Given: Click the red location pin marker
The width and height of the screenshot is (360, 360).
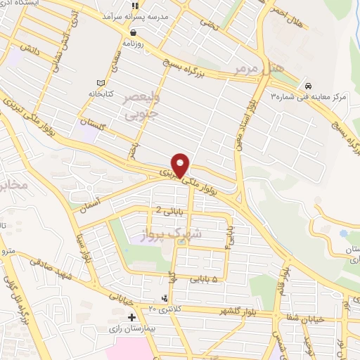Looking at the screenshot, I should [x=181, y=165].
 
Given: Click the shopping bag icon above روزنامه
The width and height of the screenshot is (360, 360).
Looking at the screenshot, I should [x=134, y=32].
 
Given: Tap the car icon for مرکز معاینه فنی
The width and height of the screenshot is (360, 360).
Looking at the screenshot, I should [x=308, y=85].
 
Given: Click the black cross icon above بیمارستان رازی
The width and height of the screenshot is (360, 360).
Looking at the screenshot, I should [x=131, y=318].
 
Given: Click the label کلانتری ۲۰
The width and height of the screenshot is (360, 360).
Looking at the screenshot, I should [x=168, y=307].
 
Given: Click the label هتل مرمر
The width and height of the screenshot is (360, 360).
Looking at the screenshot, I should [x=251, y=68].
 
